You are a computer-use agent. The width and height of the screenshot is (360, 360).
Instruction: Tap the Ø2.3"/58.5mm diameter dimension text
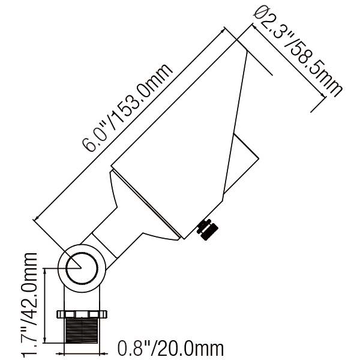tap(298, 52)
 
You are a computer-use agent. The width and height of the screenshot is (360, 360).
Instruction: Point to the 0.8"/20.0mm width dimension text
tap(170, 348)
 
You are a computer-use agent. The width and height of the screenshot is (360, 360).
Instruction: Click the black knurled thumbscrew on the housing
tap(208, 229)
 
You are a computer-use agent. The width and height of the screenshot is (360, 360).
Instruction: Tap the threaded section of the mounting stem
tap(82, 331)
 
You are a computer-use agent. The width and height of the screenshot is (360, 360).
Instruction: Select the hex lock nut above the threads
tap(82, 314)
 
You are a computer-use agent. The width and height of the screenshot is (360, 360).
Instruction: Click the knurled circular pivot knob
tap(82, 268)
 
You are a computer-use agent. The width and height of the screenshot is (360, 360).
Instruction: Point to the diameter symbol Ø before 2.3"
tap(260, 13)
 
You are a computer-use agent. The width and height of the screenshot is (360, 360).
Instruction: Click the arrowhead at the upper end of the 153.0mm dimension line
tap(222, 31)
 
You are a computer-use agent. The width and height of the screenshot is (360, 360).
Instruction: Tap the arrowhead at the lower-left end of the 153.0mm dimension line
tap(37, 218)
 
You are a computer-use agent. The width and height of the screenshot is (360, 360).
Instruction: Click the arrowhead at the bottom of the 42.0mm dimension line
tap(45, 340)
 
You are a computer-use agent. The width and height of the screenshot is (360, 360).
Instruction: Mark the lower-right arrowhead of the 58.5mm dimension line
tap(323, 95)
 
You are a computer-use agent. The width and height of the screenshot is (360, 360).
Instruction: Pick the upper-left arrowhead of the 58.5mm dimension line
tap(255, 26)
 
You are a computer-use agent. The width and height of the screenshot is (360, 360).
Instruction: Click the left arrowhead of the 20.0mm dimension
tap(61, 354)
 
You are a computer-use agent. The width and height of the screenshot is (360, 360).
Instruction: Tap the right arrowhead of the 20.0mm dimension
tap(103, 354)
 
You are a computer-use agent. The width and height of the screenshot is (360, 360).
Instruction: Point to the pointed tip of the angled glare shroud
tap(247, 51)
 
